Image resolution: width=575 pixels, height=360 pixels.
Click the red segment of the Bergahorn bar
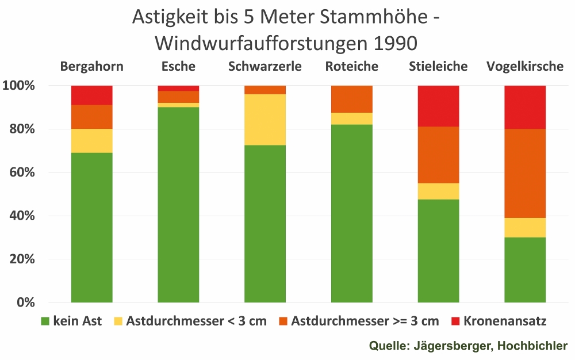click(92, 95)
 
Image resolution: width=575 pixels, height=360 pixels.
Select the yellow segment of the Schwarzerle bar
click(265, 120)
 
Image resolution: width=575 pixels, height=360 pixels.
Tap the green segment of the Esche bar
click(178, 204)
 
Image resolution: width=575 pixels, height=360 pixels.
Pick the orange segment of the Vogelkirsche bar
click(525, 173)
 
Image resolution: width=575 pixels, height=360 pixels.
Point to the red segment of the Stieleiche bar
click(438, 106)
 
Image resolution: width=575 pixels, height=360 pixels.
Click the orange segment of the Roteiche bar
click(352, 99)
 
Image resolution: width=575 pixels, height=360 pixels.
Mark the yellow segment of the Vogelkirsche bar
click(525, 228)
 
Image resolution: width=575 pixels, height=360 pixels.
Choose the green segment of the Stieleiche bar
click(438, 251)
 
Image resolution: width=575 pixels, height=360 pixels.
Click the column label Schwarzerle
click(265, 66)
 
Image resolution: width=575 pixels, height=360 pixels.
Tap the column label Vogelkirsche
click(525, 66)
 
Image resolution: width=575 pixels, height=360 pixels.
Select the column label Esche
click(178, 66)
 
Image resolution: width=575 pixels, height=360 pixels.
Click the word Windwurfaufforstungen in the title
click(264, 43)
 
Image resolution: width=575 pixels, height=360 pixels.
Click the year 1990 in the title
click(396, 43)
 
